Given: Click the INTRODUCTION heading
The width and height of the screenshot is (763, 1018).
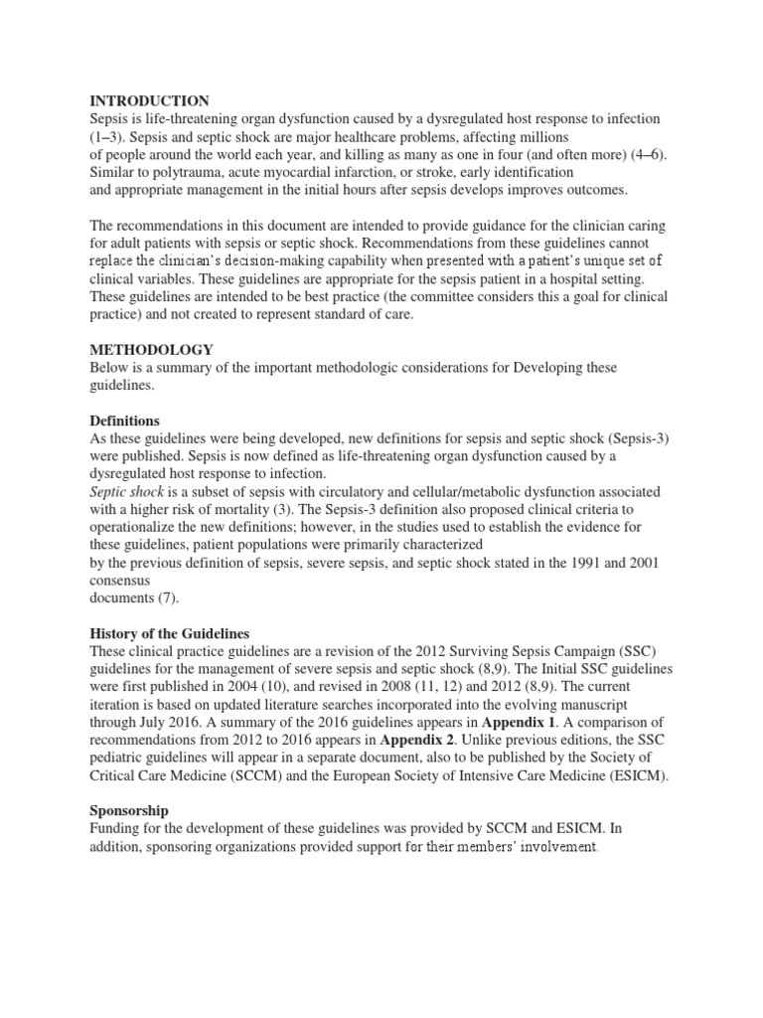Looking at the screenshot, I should tap(149, 100).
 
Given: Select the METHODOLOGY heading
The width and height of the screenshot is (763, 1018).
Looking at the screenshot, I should tap(151, 350).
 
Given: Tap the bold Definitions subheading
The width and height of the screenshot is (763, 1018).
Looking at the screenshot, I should tap(124, 421).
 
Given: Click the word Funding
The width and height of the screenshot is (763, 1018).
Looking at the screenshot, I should tap(117, 828).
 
